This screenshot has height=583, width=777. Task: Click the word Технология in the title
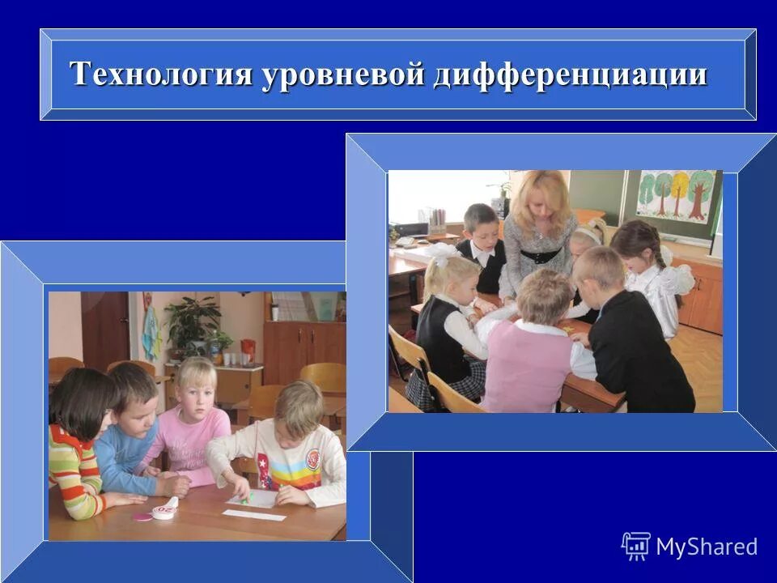coord(161,74)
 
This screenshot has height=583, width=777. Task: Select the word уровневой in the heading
coord(343,74)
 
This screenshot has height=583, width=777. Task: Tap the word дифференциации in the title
coord(571,74)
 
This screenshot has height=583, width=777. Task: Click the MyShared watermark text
coord(706,547)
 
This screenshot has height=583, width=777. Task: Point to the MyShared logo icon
coord(636,547)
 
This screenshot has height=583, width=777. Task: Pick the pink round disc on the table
coord(143,516)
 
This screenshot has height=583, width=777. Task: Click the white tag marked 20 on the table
coord(167,509)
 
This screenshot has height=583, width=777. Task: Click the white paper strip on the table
coord(255,515)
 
